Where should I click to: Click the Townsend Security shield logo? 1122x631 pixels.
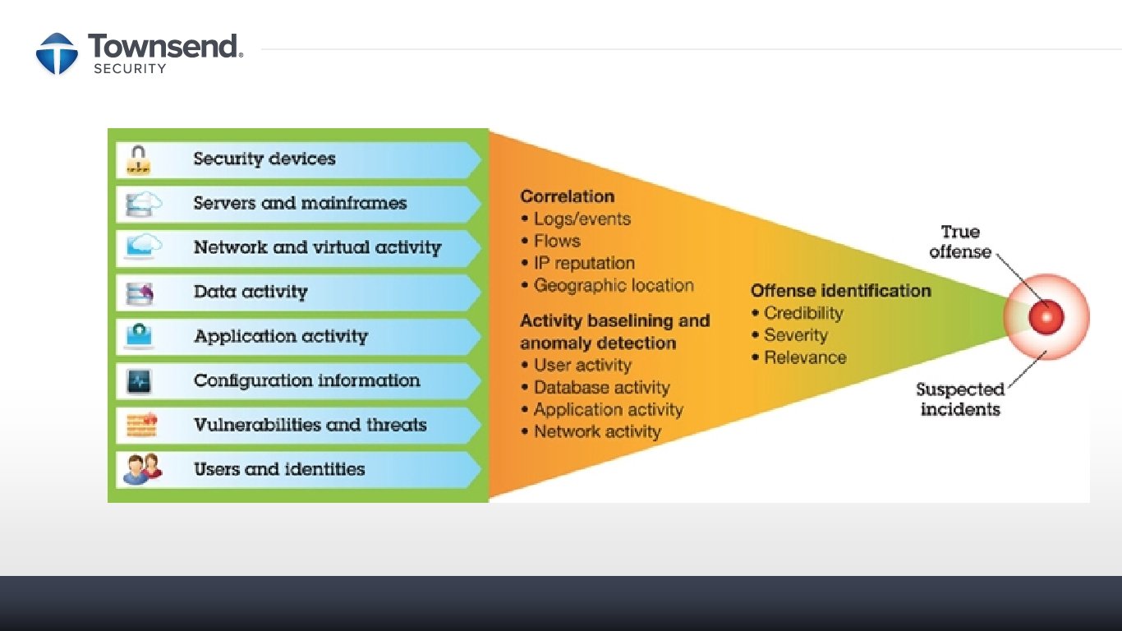[x=57, y=53]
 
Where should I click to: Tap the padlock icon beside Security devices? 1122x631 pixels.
[x=138, y=159]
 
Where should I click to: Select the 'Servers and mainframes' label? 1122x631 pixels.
[x=300, y=203]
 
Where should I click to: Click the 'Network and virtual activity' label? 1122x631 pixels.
[x=317, y=247]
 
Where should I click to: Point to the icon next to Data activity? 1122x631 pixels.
[x=138, y=292]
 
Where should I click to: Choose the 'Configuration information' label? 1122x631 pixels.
[x=306, y=380]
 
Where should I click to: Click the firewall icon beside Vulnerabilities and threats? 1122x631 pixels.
[x=140, y=425]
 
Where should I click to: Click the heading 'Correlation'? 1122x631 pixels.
[x=568, y=196]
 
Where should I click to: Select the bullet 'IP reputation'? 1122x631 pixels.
[x=584, y=263]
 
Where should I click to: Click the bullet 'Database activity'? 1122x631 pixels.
[x=601, y=387]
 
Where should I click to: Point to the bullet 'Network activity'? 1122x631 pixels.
[x=597, y=431]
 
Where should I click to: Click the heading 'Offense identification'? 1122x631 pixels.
[x=841, y=291]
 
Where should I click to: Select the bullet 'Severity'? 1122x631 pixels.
[x=795, y=335]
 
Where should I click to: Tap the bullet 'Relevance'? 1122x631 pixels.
[x=805, y=357]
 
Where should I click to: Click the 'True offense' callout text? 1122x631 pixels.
[x=960, y=242]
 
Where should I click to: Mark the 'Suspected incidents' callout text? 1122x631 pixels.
[x=960, y=399]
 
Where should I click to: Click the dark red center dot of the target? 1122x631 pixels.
[x=1046, y=316]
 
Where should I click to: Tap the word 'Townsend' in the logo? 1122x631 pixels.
[x=163, y=46]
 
